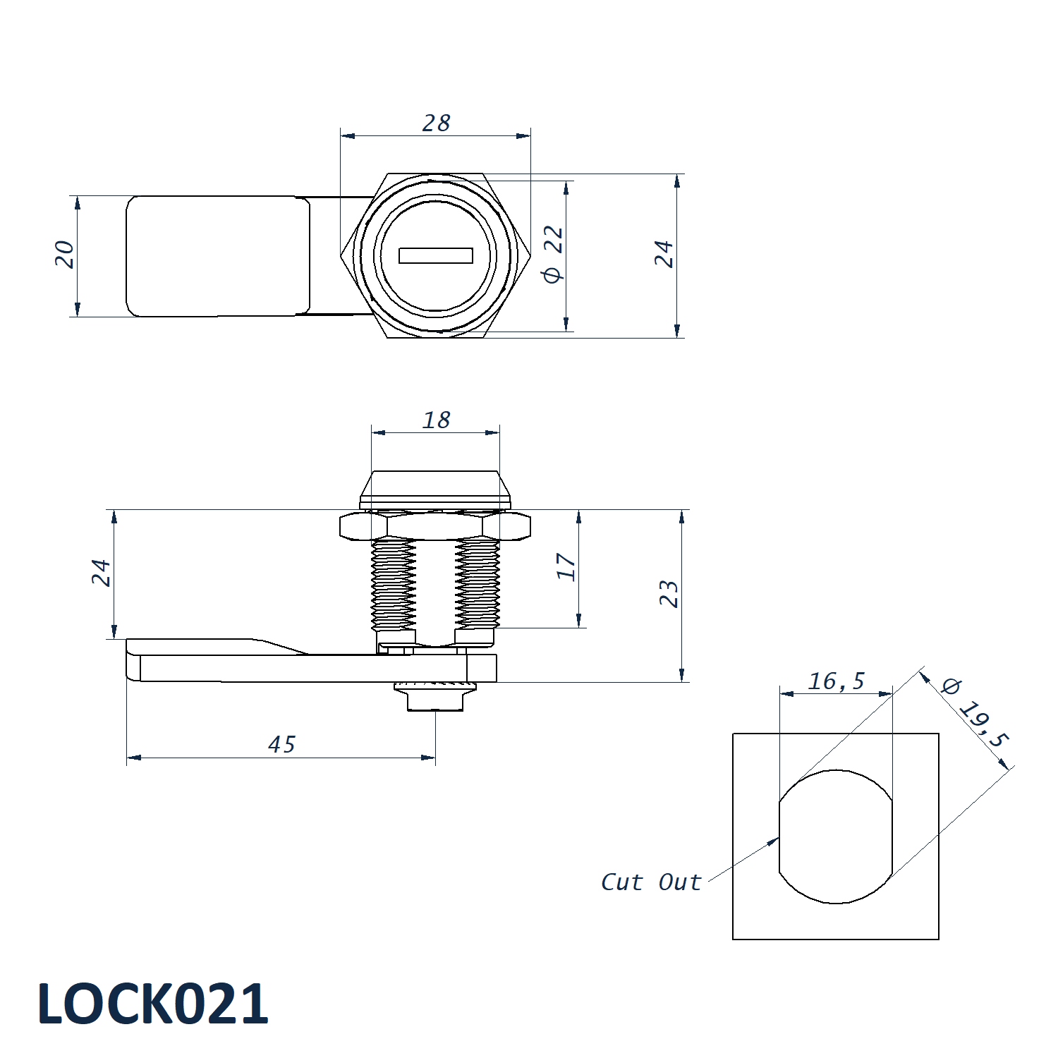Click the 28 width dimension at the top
click(436, 123)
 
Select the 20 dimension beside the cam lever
click(64, 254)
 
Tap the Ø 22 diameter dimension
click(553, 255)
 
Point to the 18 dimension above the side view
click(436, 420)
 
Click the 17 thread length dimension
click(566, 566)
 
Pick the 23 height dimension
click(669, 594)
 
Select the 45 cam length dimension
click(281, 745)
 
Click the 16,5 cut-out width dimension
click(836, 681)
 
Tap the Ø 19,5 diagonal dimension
click(976, 713)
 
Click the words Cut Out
click(651, 882)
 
